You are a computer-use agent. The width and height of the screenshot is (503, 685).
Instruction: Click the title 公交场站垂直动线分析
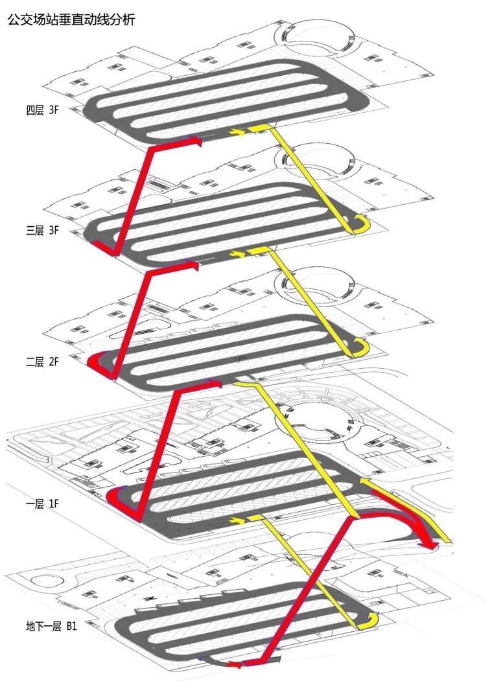[71, 20]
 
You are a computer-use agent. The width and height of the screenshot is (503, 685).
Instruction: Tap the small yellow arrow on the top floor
[240, 132]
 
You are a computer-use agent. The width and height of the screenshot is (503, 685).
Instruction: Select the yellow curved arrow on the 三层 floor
[360, 225]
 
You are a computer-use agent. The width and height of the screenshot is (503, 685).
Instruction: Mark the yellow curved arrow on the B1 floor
[367, 621]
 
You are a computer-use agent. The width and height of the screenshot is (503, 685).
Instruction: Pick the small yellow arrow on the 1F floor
[239, 520]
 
